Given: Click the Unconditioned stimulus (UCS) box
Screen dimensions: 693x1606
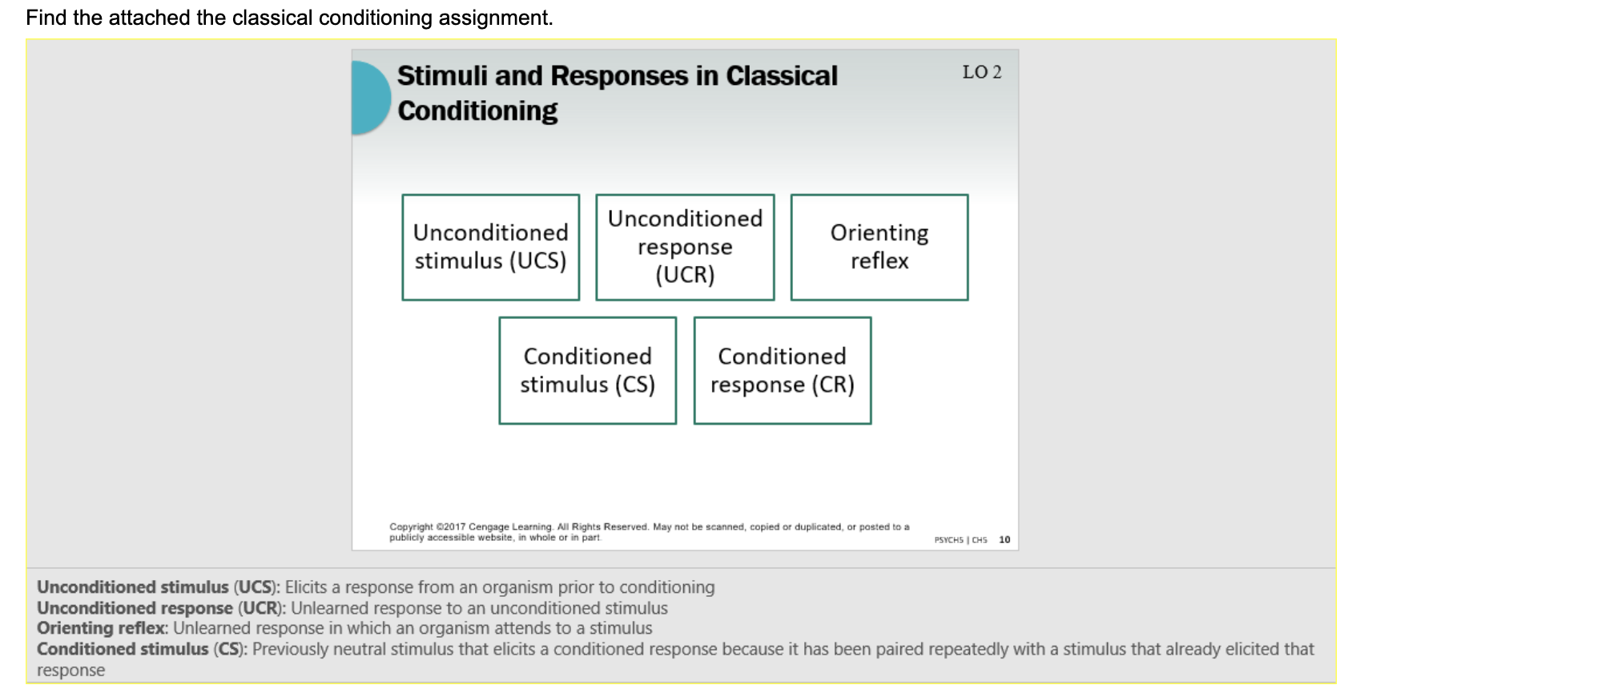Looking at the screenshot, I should pos(490,247).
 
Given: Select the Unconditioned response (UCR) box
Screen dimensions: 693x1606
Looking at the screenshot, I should pos(685,247).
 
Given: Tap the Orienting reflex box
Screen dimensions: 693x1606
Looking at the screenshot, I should pos(879,247).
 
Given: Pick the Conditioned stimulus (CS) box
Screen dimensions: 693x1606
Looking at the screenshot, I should pos(587,370).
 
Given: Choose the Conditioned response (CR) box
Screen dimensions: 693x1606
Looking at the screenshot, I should pos(782,370).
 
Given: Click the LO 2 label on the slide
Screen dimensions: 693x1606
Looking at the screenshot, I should pos(981,72).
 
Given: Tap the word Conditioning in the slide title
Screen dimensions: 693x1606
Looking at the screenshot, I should pos(477,111).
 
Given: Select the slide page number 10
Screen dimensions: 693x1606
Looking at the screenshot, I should pos(1004,540).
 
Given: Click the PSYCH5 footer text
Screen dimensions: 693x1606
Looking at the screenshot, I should pos(948,540).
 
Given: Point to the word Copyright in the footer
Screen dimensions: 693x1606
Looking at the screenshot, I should pos(411,527).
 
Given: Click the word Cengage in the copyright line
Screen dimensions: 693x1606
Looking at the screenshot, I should pos(489,527).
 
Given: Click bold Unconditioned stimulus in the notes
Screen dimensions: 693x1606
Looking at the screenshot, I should pos(133,587).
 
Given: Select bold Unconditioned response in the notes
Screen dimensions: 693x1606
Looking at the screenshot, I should pos(135,608).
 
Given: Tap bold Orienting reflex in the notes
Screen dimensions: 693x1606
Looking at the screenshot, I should pos(101,628).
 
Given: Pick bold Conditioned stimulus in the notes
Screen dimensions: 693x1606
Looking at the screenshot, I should pos(123,649).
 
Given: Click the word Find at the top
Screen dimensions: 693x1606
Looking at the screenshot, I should pos(46,18).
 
